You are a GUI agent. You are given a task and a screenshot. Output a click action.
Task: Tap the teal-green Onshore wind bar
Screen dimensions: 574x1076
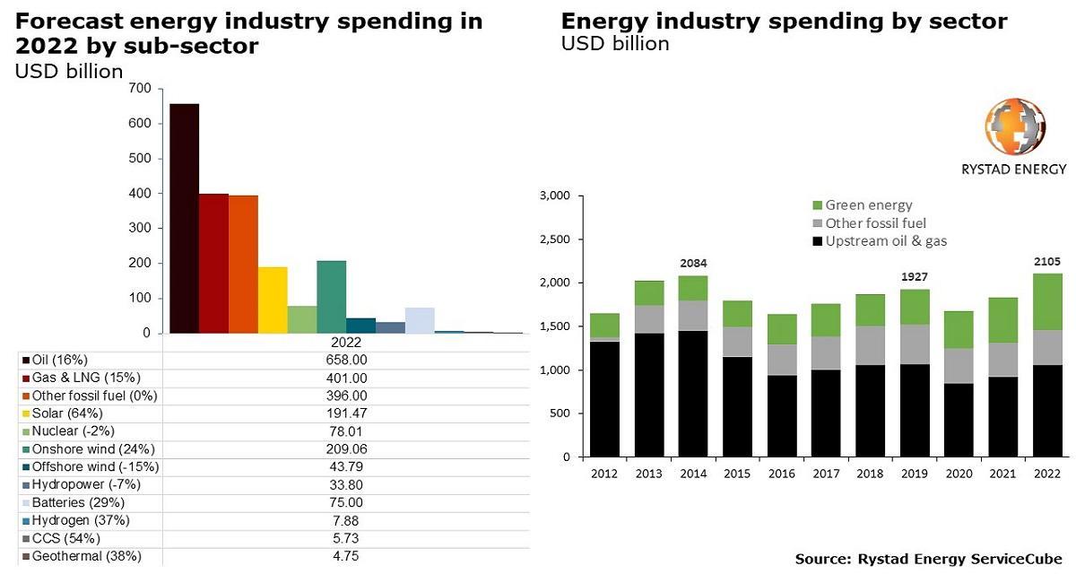331,296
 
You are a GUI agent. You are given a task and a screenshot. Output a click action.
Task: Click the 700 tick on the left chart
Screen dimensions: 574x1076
140,88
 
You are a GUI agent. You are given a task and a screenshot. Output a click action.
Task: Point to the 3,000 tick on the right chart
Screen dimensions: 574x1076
552,196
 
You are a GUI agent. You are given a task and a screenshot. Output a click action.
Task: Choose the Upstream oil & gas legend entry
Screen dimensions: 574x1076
885,240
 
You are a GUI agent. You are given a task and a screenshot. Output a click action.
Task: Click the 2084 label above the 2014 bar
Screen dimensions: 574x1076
694,264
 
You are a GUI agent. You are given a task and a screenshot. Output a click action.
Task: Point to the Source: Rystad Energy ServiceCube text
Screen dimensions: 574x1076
928,559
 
